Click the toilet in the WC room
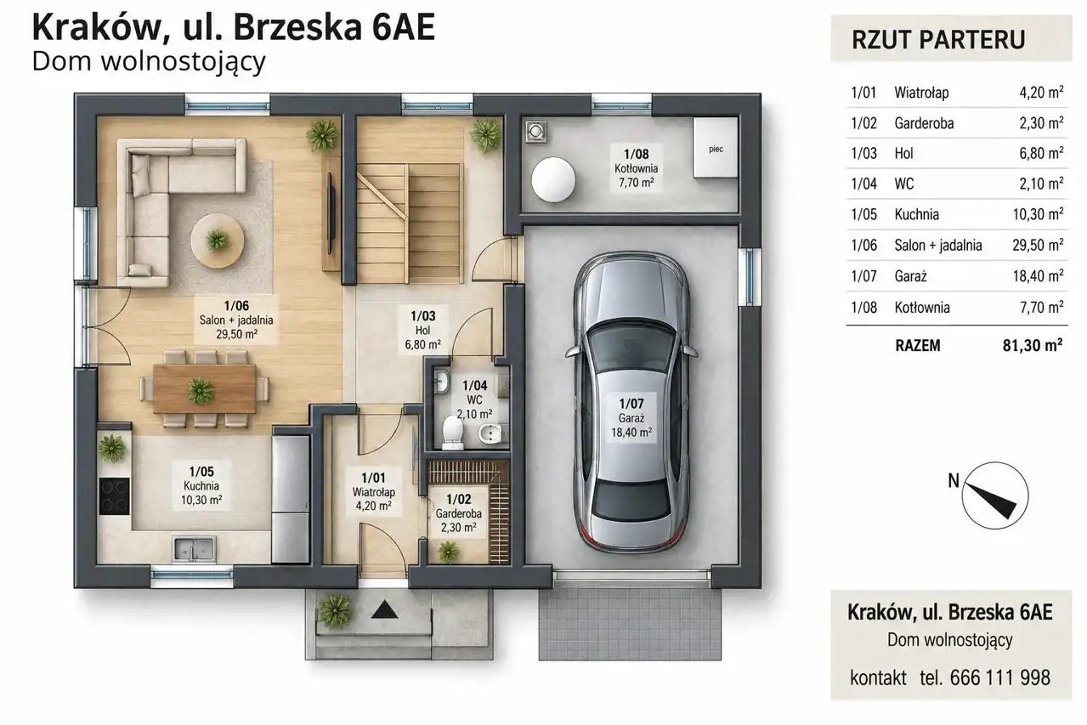pos(453,432)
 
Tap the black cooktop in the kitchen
pos(115,496)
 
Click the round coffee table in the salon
pos(218,241)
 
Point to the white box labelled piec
pos(716,148)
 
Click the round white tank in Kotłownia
pos(553,180)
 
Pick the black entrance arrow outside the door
pos(384,609)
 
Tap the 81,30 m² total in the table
pos(1033,346)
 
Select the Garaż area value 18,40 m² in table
pos(1038,276)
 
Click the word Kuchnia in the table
pos(917,214)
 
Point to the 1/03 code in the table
pos(863,153)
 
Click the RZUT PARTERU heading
pos(938,40)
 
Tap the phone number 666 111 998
pos(999,677)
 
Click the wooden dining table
pos(205,388)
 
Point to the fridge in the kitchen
pos(290,500)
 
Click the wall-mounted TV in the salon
pos(331,212)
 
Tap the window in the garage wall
pos(750,276)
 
